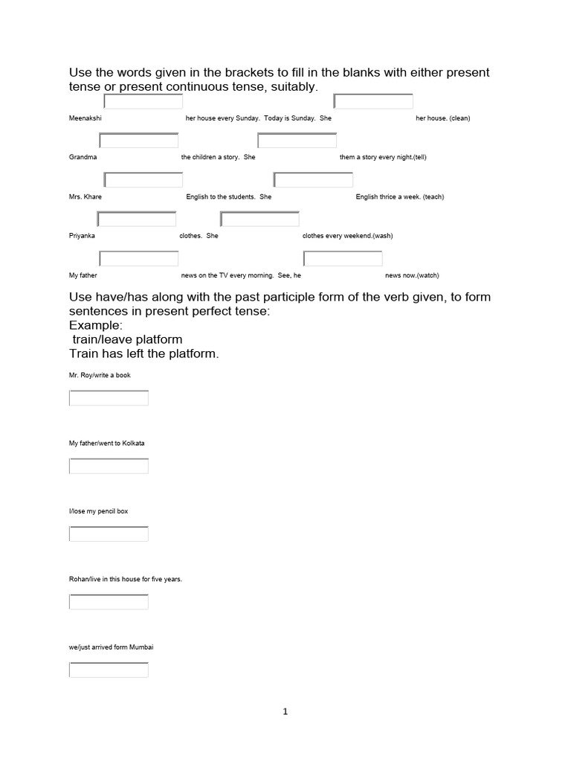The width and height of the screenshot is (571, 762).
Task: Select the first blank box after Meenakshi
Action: [x=143, y=102]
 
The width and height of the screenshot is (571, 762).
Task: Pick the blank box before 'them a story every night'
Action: [x=297, y=141]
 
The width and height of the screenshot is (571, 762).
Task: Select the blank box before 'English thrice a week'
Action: [x=313, y=180]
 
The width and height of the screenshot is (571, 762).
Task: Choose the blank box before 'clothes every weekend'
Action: [x=260, y=219]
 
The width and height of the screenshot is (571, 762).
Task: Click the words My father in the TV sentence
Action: [x=83, y=275]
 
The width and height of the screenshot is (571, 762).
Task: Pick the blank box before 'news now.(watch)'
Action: [x=343, y=258]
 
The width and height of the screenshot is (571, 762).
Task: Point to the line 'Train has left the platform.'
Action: [x=144, y=353]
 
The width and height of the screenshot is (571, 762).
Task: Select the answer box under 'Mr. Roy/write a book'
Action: [x=109, y=398]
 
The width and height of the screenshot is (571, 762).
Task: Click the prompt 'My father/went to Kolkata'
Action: [x=106, y=443]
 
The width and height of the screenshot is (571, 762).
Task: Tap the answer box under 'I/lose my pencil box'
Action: [x=109, y=534]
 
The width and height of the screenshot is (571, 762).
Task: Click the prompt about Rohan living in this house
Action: [x=125, y=579]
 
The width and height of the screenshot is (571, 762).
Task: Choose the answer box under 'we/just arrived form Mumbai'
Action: [x=109, y=670]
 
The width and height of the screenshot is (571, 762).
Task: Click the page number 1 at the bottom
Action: [x=285, y=711]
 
